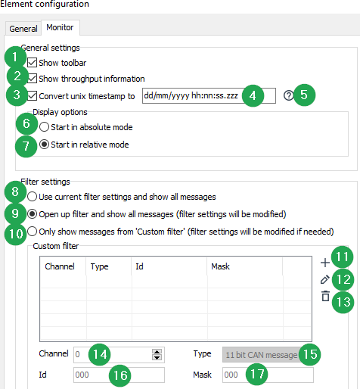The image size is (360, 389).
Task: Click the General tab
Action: (x=23, y=29)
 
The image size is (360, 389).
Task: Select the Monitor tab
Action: (x=60, y=27)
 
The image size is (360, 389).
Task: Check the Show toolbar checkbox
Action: (x=33, y=63)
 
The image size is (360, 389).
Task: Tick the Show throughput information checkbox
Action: (x=33, y=79)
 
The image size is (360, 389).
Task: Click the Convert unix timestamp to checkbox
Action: (x=33, y=96)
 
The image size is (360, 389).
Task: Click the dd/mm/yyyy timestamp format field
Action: (x=209, y=95)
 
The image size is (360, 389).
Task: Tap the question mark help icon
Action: (x=288, y=95)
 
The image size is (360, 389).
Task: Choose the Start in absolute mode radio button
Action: (x=44, y=127)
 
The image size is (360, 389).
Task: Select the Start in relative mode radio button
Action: (x=44, y=145)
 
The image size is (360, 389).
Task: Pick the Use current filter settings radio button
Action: (x=32, y=197)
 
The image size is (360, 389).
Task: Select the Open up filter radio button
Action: (x=32, y=214)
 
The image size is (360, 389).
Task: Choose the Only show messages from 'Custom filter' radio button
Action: (x=32, y=232)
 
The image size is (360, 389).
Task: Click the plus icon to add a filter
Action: (x=325, y=263)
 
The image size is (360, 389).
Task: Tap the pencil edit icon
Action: (x=325, y=279)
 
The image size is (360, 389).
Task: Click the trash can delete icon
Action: (x=325, y=296)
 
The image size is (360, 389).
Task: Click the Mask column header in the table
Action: (x=220, y=266)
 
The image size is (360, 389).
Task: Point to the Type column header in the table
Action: (x=99, y=266)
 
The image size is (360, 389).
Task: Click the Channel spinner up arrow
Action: (x=157, y=352)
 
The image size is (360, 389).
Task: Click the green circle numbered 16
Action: (x=120, y=375)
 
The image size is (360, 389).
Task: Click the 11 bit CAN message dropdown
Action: (x=263, y=355)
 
